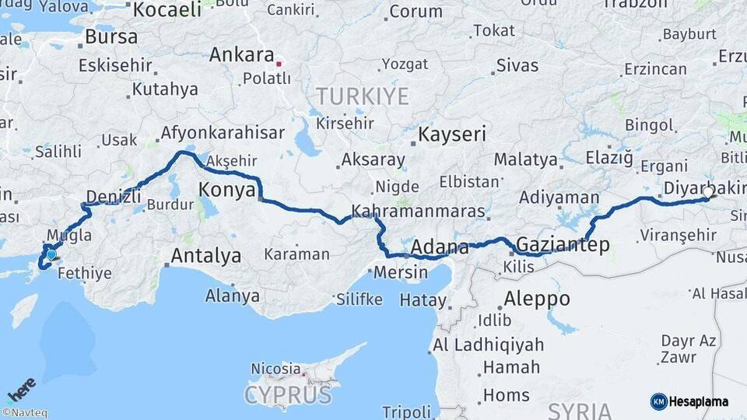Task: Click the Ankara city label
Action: pyautogui.click(x=241, y=55)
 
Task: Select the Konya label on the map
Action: pyautogui.click(x=227, y=189)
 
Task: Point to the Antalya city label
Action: pyautogui.click(x=205, y=255)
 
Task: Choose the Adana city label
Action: pyautogui.click(x=440, y=248)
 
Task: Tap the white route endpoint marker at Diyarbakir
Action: pyautogui.click(x=707, y=191)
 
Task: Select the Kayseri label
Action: pyautogui.click(x=452, y=135)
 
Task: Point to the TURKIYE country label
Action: pyautogui.click(x=362, y=96)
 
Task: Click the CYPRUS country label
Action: pyautogui.click(x=288, y=395)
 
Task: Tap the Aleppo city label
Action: pyautogui.click(x=536, y=299)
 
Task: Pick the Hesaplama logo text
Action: pyautogui.click(x=700, y=401)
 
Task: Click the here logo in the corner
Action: pyautogui.click(x=21, y=388)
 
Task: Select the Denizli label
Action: pyautogui.click(x=114, y=195)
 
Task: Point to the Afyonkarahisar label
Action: pyautogui.click(x=223, y=133)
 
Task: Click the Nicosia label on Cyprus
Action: pyautogui.click(x=275, y=368)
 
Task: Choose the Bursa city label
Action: pyautogui.click(x=111, y=37)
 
